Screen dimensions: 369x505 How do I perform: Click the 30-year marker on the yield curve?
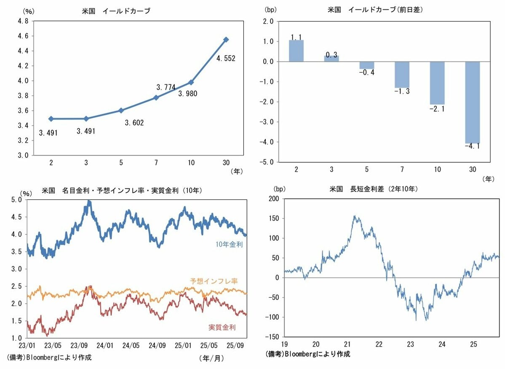[226, 39]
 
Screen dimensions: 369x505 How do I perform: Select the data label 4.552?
[226, 59]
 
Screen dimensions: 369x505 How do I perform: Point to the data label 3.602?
[134, 123]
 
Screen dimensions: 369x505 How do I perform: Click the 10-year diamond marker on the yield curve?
[191, 82]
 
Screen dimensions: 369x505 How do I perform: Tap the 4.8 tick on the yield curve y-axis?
[22, 21]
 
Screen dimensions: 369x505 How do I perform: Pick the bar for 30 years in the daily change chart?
[472, 102]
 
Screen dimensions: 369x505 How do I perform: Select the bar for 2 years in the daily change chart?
[296, 51]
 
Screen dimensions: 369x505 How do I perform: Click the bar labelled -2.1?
[437, 83]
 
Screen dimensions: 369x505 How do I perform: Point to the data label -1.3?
[402, 92]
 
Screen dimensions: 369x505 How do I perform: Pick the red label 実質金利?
[222, 327]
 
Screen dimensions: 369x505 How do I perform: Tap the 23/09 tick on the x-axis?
[79, 345]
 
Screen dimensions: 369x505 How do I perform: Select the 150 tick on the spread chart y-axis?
[274, 218]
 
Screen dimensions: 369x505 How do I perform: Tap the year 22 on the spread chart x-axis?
[379, 344]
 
